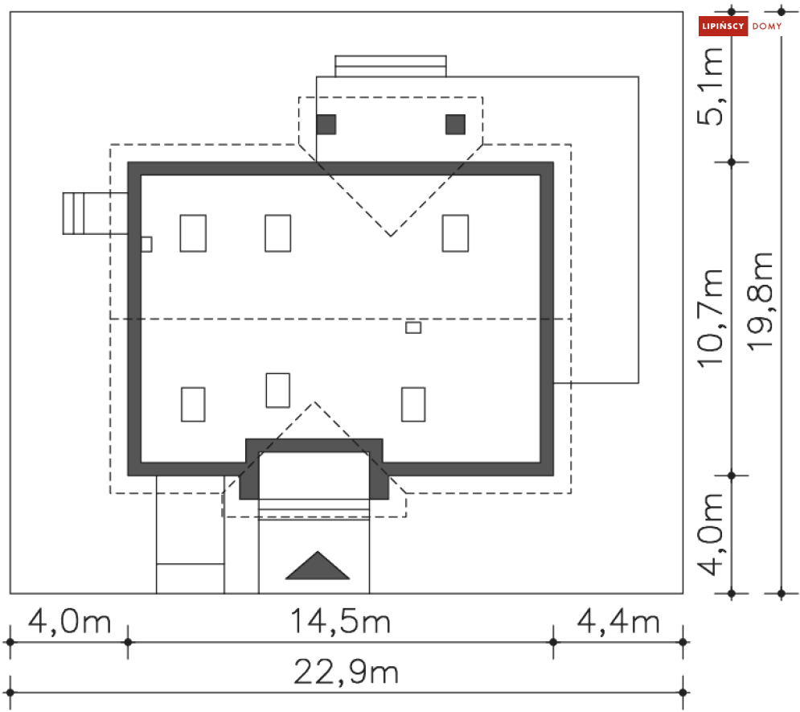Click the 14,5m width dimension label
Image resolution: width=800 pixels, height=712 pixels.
(340, 622)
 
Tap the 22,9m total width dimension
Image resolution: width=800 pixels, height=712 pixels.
(346, 672)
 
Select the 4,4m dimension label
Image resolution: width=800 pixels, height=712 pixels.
(618, 622)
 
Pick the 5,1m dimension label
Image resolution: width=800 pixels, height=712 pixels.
(710, 86)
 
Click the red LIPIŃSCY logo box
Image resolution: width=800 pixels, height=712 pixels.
(723, 26)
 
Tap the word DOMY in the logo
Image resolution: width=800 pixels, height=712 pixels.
(767, 26)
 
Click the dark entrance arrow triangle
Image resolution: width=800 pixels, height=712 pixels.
(318, 566)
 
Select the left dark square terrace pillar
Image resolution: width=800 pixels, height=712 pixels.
(326, 125)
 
